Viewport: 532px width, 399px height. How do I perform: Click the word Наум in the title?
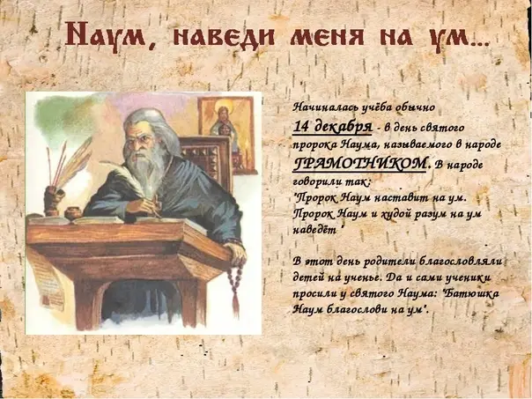point(106,36)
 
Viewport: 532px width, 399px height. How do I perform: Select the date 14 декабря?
point(332,127)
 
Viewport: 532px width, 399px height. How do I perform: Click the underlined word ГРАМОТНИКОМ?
point(359,165)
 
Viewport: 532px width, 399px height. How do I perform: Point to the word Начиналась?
point(325,107)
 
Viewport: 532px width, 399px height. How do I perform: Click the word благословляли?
point(461,262)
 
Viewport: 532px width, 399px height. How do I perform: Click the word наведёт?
point(314,231)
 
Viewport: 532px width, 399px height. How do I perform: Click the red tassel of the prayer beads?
point(235,303)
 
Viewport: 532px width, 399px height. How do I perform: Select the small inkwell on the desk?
point(73,213)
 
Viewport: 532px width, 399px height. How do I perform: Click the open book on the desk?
point(112,220)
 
